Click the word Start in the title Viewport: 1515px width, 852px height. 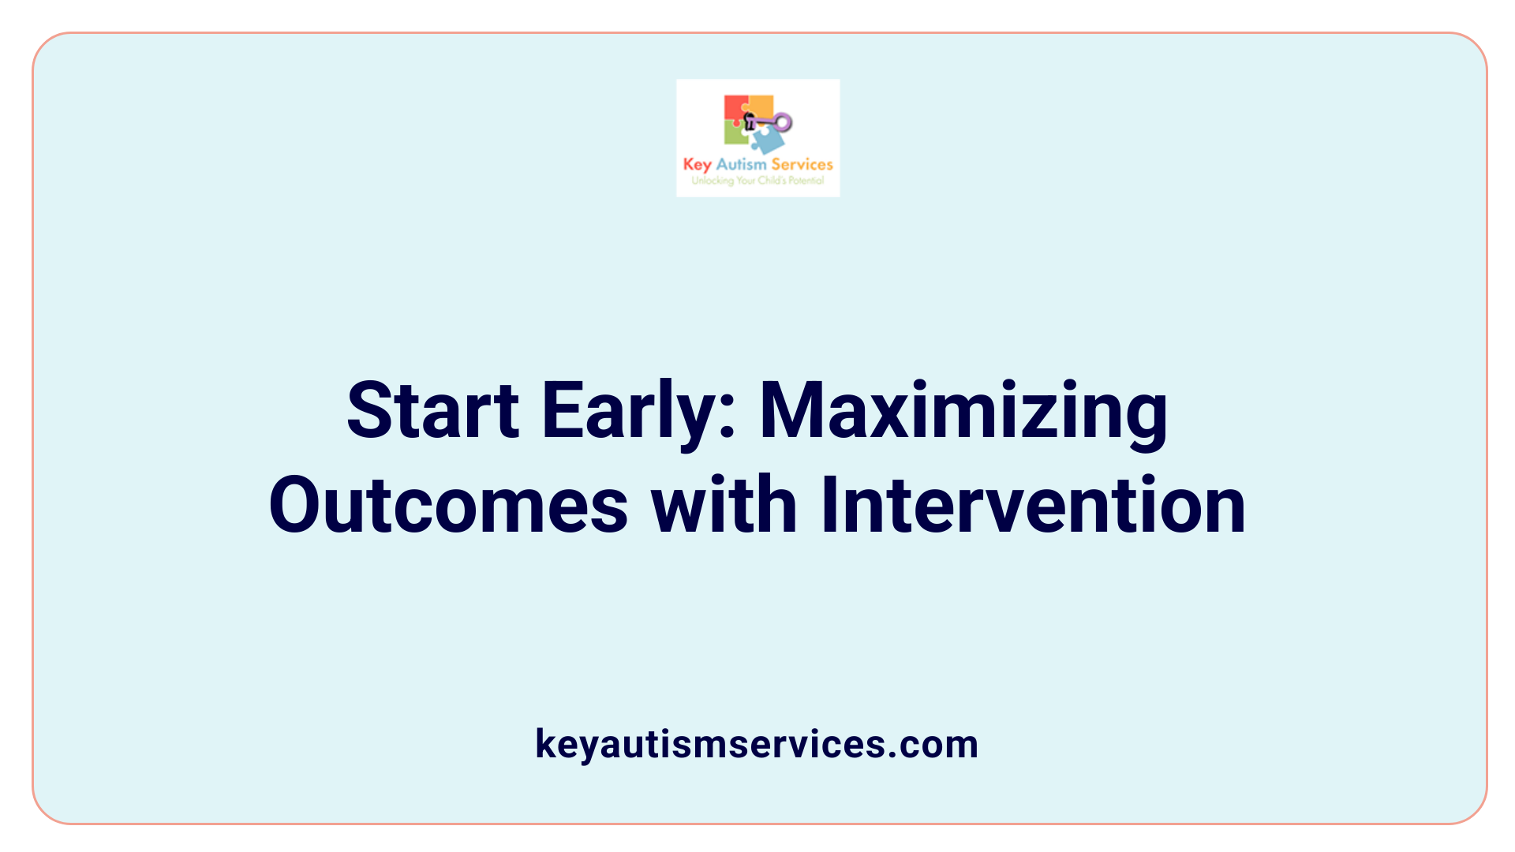tap(432, 410)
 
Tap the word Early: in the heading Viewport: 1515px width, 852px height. tap(638, 410)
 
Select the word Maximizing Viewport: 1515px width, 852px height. tap(963, 410)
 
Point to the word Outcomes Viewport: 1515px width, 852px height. tap(448, 505)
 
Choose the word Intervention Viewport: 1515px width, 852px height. tap(1032, 505)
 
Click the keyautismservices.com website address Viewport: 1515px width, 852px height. tap(757, 744)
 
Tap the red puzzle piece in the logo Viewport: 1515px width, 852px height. tap(735, 109)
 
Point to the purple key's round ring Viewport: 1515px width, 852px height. tap(783, 122)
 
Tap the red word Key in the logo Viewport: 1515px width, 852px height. tap(697, 164)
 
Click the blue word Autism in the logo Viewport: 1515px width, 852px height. tap(741, 164)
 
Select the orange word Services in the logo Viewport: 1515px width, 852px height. tap(802, 164)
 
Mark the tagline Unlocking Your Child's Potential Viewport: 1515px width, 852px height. tap(757, 181)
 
